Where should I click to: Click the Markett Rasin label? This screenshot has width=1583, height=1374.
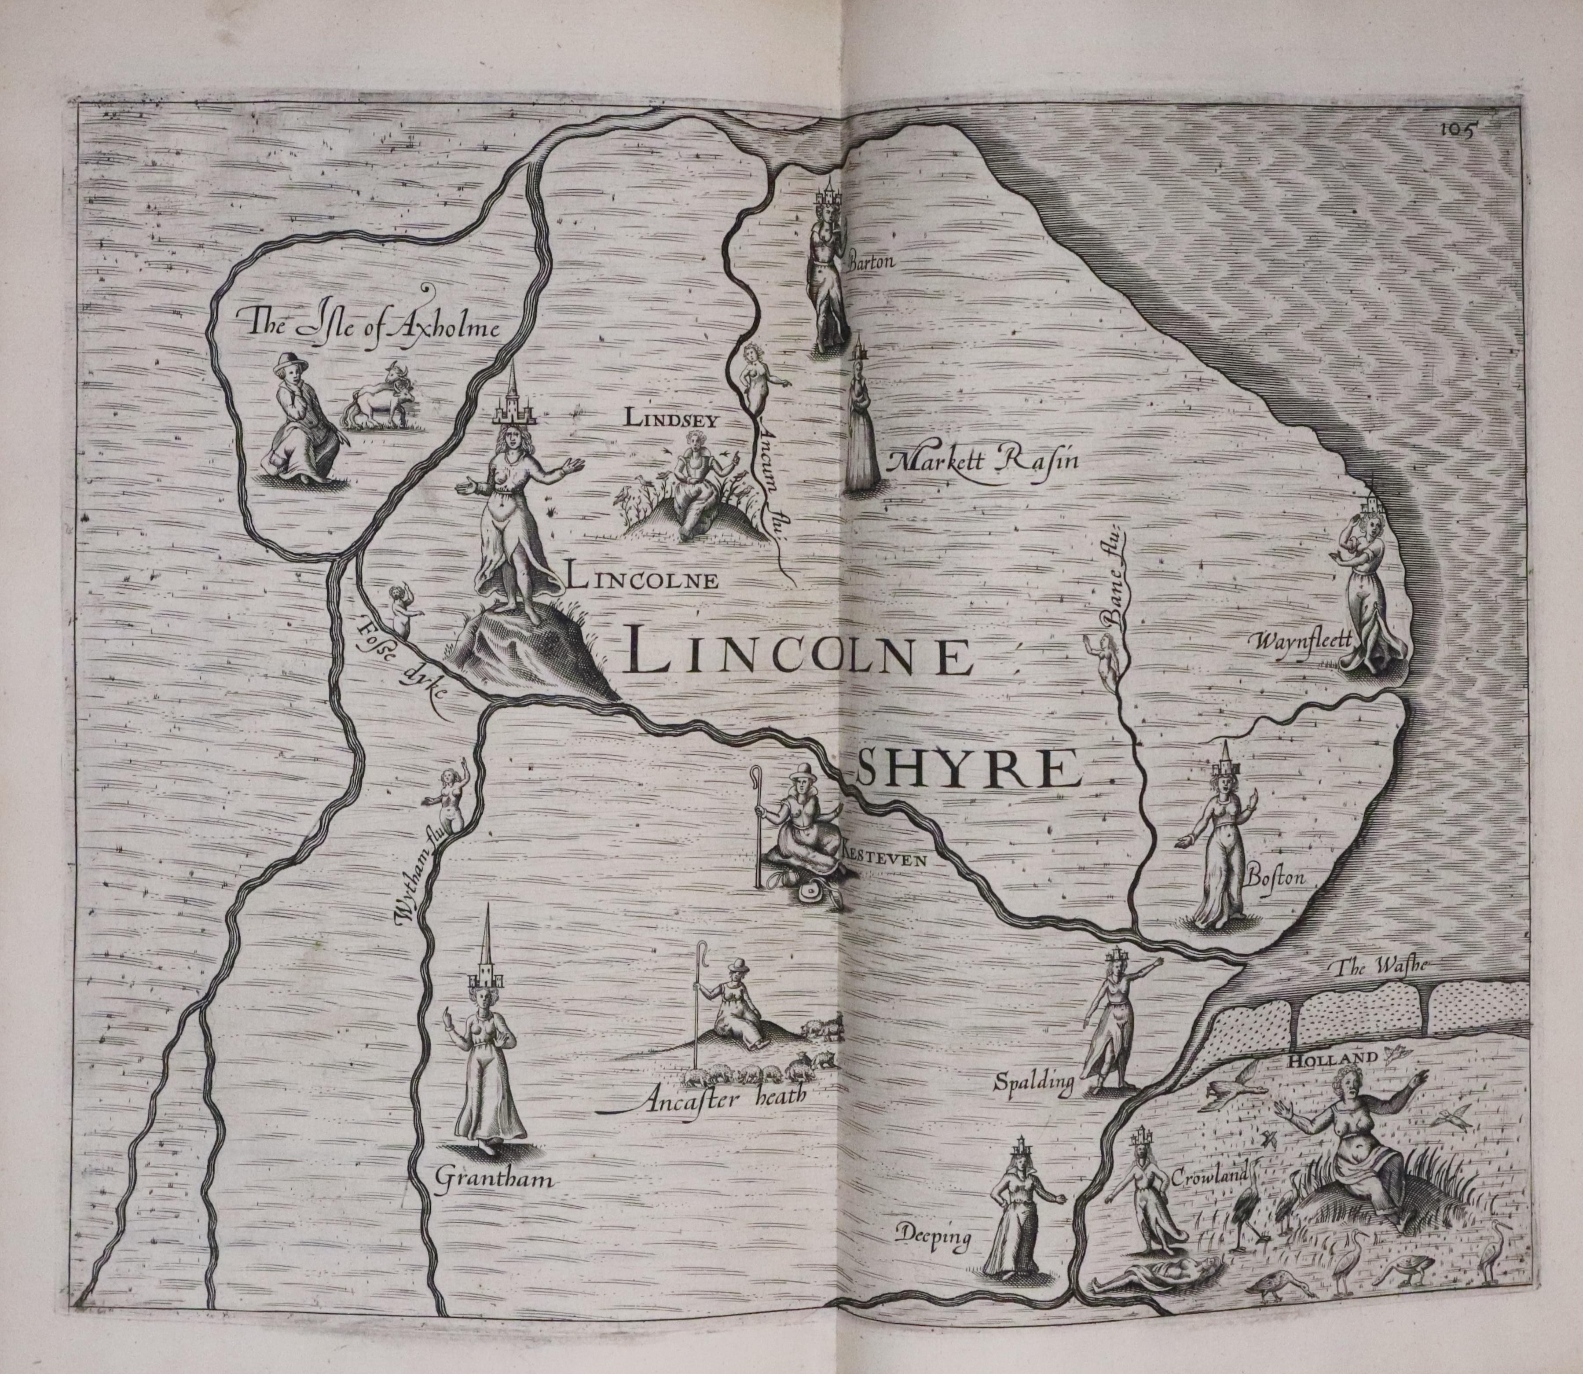click(984, 460)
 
